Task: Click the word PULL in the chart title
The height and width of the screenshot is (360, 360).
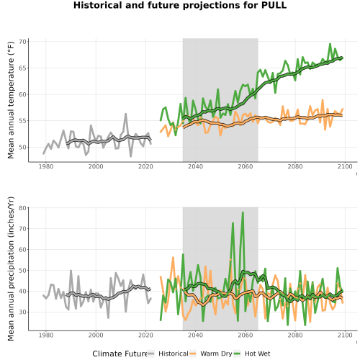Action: [274, 5]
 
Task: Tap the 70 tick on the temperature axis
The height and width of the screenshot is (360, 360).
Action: [24, 42]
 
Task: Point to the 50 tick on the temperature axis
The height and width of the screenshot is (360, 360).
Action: [24, 147]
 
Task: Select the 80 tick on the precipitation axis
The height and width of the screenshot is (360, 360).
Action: [24, 208]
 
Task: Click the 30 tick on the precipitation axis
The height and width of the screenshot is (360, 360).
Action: [24, 312]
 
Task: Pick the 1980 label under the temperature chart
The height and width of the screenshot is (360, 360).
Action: [46, 166]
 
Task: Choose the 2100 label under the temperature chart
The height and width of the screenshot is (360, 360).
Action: [345, 166]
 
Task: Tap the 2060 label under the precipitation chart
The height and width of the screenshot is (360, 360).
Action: [246, 335]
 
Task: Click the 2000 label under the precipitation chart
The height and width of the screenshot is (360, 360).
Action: [96, 335]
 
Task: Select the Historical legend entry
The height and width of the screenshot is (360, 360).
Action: [168, 354]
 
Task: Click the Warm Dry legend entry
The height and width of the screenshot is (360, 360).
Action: [211, 354]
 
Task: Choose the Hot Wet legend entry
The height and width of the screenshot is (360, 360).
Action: [252, 354]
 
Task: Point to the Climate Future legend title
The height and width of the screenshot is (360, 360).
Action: [120, 354]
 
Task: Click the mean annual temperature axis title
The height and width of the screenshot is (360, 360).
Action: [11, 100]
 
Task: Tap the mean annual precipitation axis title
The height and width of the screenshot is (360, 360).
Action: [11, 269]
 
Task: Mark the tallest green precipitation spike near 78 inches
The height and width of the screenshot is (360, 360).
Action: [243, 212]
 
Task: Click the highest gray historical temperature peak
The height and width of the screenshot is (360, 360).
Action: [125, 114]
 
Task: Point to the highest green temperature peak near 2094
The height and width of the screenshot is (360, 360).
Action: [330, 44]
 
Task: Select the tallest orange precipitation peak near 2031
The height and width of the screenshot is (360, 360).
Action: [173, 258]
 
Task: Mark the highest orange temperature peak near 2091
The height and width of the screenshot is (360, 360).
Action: [323, 100]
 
